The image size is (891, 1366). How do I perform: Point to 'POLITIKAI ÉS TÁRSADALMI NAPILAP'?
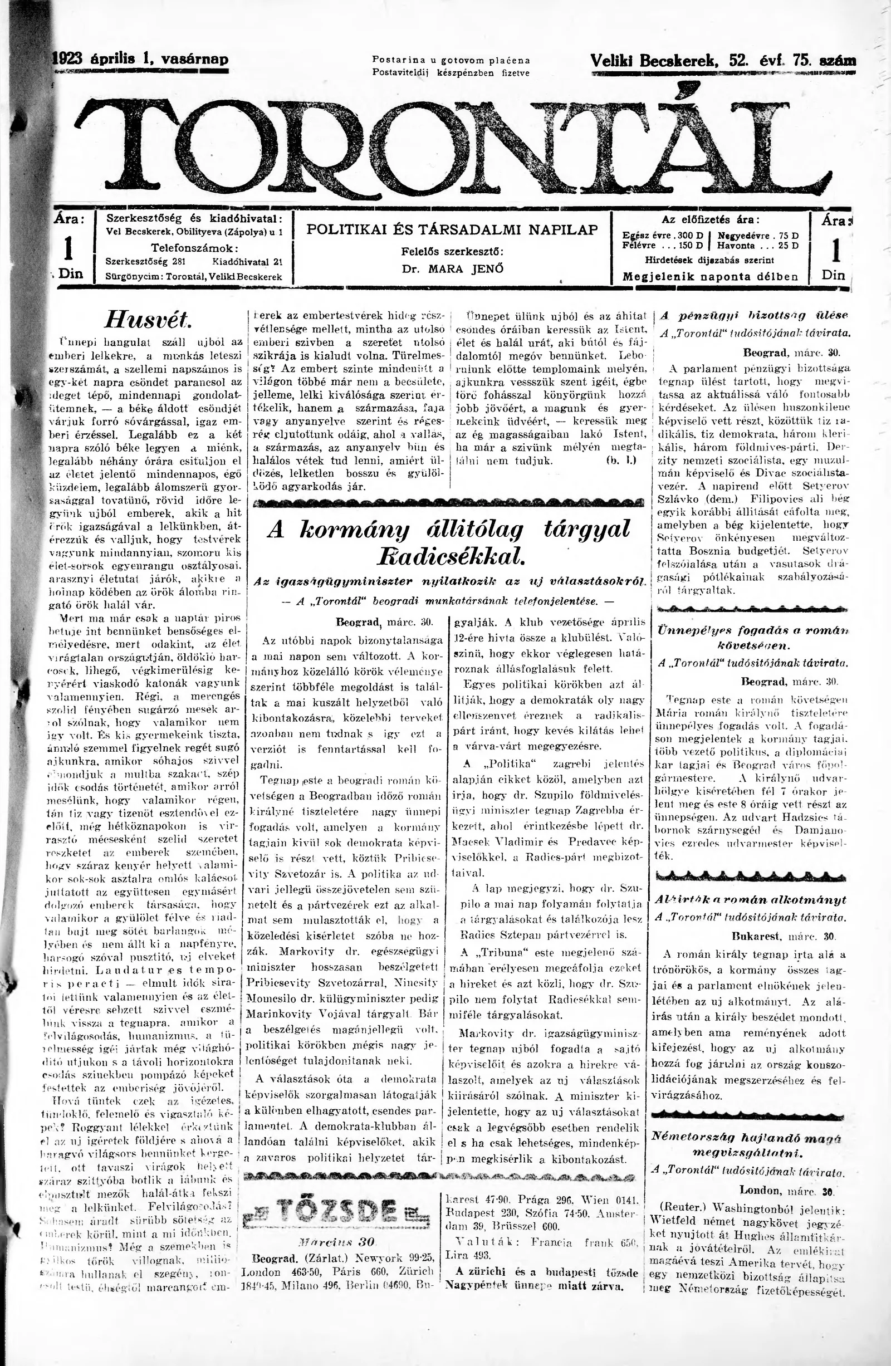pyautogui.click(x=452, y=229)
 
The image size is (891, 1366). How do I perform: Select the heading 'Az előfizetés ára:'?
pyautogui.click(x=710, y=219)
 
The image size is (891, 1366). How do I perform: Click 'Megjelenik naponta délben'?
pyautogui.click(x=710, y=276)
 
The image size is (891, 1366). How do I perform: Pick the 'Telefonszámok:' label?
pyautogui.click(x=194, y=248)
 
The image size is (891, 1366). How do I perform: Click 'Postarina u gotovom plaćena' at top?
pyautogui.click(x=451, y=60)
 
